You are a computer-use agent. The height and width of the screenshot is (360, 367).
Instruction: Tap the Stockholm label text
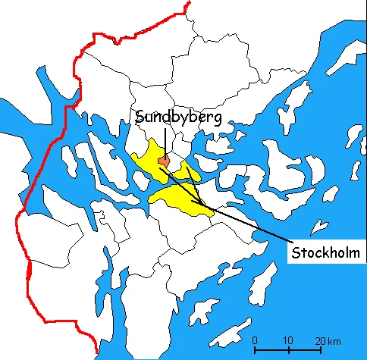[x=326, y=252]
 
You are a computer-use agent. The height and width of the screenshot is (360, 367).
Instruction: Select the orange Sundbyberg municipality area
[x=163, y=160]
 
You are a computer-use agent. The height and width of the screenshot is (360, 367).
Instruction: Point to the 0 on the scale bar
[x=255, y=340]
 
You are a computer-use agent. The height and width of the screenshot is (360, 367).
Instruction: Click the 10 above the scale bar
[x=289, y=340]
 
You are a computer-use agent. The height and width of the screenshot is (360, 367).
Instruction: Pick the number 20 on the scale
[x=322, y=340]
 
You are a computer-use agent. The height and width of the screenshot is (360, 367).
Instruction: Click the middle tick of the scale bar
[x=289, y=350]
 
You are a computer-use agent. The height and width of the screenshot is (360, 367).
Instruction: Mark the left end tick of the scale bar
[x=255, y=350]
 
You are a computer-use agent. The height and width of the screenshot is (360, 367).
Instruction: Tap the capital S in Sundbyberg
[x=140, y=117]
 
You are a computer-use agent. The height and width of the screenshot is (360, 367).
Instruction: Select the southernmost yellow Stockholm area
[x=182, y=202]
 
